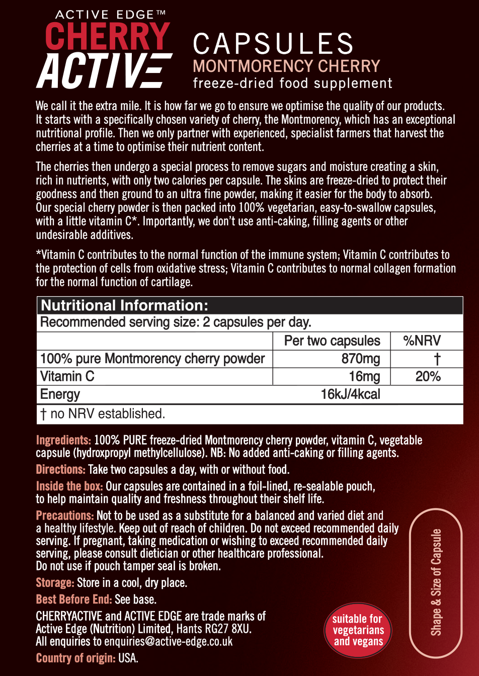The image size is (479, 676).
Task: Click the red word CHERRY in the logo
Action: [107, 36]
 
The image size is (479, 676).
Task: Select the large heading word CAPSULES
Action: [273, 44]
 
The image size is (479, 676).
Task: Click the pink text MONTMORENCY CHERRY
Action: [286, 66]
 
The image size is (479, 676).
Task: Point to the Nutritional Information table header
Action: [124, 305]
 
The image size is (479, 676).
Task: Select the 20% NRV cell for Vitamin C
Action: [428, 376]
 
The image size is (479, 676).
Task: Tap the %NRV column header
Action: [422, 341]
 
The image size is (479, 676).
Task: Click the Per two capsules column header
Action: [332, 341]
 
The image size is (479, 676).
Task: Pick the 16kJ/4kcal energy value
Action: [350, 394]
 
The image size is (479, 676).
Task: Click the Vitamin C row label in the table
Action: [67, 376]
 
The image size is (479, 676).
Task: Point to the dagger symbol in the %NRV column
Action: [437, 359]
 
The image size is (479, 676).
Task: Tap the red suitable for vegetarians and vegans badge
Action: [358, 630]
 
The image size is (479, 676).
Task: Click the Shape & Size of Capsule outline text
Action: [436, 582]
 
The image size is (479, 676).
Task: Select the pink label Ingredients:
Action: [63, 441]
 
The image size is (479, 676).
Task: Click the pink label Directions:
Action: [61, 470]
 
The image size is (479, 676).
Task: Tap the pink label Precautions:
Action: [65, 516]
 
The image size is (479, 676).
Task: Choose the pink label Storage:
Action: [55, 583]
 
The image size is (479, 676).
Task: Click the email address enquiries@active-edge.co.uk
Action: [169, 641]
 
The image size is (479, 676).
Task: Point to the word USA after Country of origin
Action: [128, 658]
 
